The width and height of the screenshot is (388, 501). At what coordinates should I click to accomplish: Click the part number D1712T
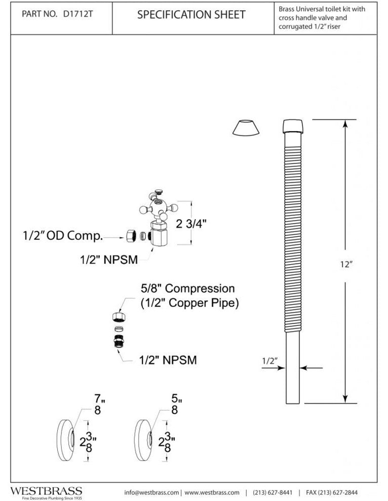[78, 14]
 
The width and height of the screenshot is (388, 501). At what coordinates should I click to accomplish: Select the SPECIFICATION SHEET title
[191, 15]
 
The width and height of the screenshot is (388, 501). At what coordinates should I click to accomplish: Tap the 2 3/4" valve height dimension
[191, 224]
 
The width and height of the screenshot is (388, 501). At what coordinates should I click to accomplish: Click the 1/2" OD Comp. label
[63, 236]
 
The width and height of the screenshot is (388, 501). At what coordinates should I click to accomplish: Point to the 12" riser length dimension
[346, 264]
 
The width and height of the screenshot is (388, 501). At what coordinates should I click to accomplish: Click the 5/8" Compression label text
[188, 288]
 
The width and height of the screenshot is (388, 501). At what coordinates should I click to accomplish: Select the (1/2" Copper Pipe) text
[189, 303]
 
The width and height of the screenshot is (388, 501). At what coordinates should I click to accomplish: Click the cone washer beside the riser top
[246, 128]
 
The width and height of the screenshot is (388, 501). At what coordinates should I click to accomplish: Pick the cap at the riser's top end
[293, 127]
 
